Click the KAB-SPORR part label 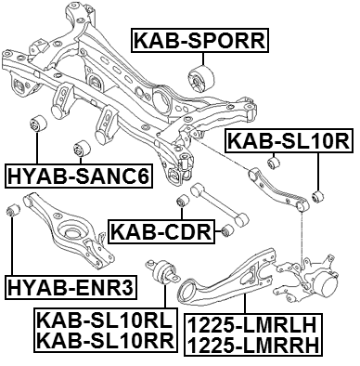199,40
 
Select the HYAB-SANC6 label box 77,174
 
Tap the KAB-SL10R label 287,143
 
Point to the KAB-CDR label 161,229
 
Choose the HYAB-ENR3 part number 70,286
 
